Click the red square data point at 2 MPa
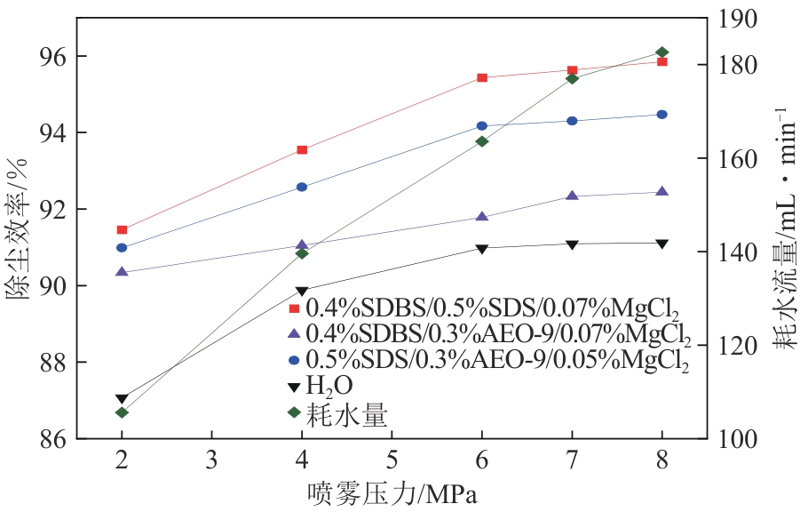pyautogui.click(x=122, y=230)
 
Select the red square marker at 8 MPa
pyautogui.click(x=661, y=61)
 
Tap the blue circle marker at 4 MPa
pyautogui.click(x=302, y=187)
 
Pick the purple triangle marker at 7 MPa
pyautogui.click(x=572, y=196)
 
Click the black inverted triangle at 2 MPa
pyautogui.click(x=122, y=399)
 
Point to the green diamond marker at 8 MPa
pyautogui.click(x=661, y=52)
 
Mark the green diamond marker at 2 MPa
pyautogui.click(x=122, y=412)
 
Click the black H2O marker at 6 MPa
pyautogui.click(x=482, y=249)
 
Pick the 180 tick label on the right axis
pyautogui.click(x=737, y=66)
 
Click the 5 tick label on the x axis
pyautogui.click(x=392, y=460)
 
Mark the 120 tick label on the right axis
pyautogui.click(x=737, y=346)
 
